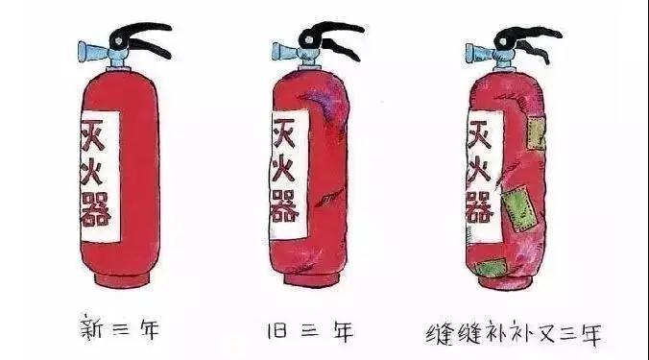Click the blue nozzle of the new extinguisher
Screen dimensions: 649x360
94,52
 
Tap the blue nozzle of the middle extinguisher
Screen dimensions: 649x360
285,52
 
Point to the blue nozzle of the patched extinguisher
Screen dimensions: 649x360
479,53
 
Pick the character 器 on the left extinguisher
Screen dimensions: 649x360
95,210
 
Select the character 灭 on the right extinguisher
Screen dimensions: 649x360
479,134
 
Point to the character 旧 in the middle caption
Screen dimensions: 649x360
276,330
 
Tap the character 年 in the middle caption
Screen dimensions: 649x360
343,331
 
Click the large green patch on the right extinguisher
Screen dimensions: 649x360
519,209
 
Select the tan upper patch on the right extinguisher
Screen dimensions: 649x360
536,132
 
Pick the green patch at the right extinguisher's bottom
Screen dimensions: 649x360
492,267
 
